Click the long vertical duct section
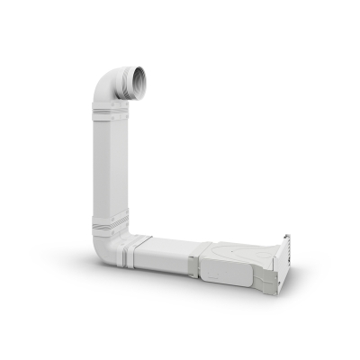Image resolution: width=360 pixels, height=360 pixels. tap(110, 171)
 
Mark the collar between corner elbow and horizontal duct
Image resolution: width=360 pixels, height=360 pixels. tap(138, 253)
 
